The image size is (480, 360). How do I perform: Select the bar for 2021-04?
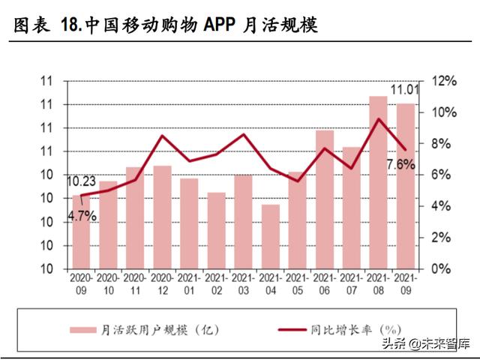click(x=270, y=236)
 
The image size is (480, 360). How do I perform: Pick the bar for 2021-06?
click(x=324, y=199)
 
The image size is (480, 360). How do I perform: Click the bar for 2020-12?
click(x=162, y=217)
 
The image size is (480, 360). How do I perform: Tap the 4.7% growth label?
click(x=82, y=216)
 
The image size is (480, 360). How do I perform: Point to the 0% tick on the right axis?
click(x=442, y=268)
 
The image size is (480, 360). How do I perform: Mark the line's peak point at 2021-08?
click(x=379, y=118)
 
